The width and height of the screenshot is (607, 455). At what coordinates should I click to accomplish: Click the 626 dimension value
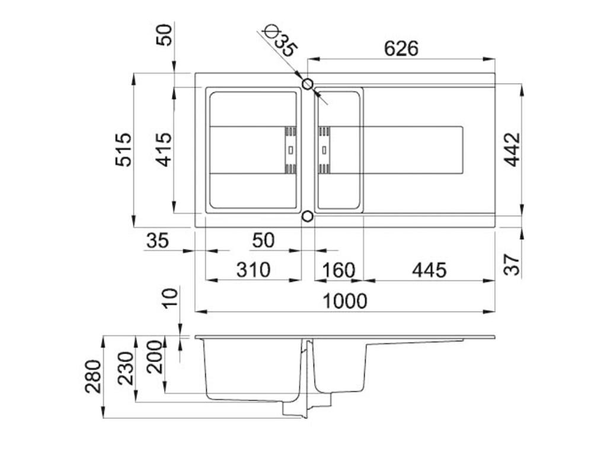click(x=401, y=48)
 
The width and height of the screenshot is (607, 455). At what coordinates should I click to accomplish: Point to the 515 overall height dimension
click(x=123, y=149)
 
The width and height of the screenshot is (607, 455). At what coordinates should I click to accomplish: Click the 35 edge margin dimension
click(x=158, y=241)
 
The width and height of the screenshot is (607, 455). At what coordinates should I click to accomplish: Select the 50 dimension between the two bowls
click(x=263, y=241)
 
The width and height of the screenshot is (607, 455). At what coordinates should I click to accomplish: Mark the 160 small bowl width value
click(x=338, y=270)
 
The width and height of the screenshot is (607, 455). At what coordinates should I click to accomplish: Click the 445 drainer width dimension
click(x=429, y=270)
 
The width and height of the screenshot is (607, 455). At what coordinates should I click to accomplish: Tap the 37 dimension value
click(x=513, y=262)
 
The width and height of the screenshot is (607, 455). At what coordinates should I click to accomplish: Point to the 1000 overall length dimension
click(x=345, y=301)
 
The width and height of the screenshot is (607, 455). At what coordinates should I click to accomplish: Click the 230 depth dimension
click(x=126, y=368)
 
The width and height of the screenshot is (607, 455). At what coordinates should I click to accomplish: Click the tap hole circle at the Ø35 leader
click(x=308, y=84)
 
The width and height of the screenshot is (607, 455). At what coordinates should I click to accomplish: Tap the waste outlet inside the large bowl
click(x=290, y=150)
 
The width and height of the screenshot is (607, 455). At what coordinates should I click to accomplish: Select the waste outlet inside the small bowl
click(x=325, y=150)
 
